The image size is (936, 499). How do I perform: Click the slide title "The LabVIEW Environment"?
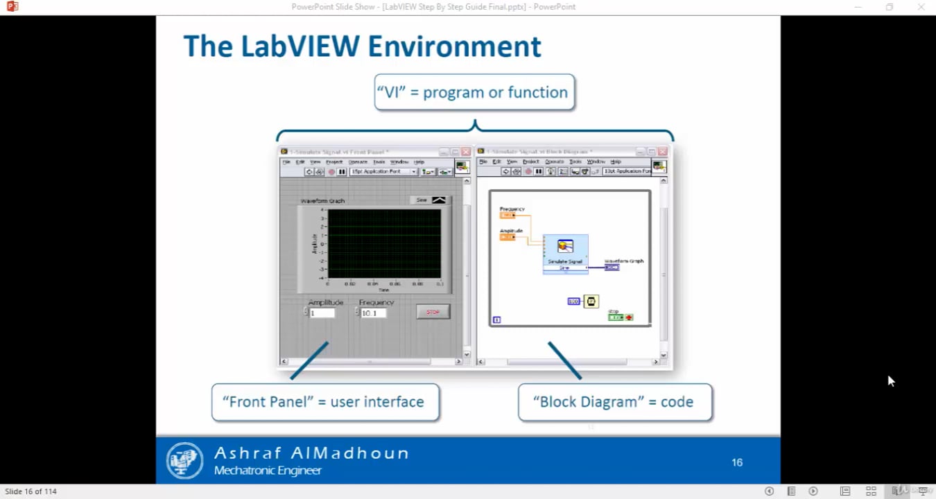click(362, 47)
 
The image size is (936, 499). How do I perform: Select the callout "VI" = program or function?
click(474, 92)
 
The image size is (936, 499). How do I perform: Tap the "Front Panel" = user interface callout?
click(324, 402)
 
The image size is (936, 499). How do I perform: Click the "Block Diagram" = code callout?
click(614, 402)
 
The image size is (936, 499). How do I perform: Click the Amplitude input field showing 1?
click(322, 313)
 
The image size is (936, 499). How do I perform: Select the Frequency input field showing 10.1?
click(373, 313)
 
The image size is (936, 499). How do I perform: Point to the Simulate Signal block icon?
click(565, 247)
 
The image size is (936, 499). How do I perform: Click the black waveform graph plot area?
click(384, 243)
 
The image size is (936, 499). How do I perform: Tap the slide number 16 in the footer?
click(737, 462)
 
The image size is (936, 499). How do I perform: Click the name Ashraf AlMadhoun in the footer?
click(311, 453)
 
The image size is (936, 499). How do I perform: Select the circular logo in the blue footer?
click(184, 460)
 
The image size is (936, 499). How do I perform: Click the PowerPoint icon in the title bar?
click(12, 7)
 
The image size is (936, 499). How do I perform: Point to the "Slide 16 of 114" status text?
click(31, 491)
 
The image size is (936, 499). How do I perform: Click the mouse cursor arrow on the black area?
click(890, 380)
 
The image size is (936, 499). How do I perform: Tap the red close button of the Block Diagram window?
click(662, 151)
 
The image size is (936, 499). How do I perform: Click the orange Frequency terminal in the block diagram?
click(508, 216)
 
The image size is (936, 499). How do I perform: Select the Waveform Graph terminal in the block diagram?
click(612, 267)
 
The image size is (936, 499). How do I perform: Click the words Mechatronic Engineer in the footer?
click(268, 471)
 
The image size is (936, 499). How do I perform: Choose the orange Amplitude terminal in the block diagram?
click(508, 237)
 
